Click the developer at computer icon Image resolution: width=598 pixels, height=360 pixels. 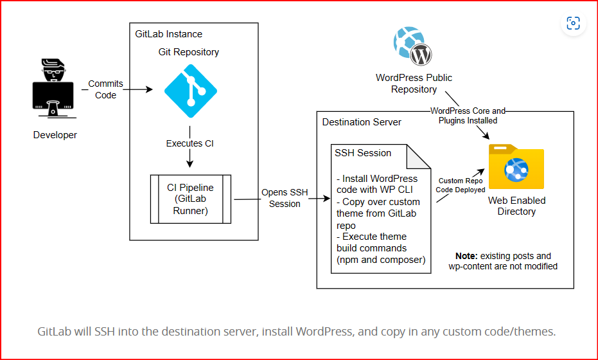click(x=55, y=90)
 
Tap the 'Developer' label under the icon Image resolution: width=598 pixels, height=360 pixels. click(x=55, y=135)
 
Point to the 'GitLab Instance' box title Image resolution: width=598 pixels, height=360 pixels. click(x=168, y=34)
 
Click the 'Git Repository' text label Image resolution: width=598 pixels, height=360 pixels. click(x=188, y=52)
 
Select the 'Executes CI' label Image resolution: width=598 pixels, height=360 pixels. click(x=189, y=143)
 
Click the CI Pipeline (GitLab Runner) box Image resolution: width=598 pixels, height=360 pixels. click(x=190, y=199)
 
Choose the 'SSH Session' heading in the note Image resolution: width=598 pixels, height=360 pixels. click(x=363, y=153)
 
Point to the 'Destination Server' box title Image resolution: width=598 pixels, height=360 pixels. click(x=362, y=122)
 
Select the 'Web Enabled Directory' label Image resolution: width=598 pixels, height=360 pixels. click(x=516, y=206)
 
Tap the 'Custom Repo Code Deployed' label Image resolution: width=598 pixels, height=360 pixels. click(x=461, y=185)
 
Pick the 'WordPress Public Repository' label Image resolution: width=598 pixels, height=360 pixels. click(x=414, y=84)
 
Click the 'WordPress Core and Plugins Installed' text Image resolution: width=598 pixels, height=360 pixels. click(x=468, y=115)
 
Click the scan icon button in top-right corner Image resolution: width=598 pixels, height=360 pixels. click(x=573, y=24)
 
